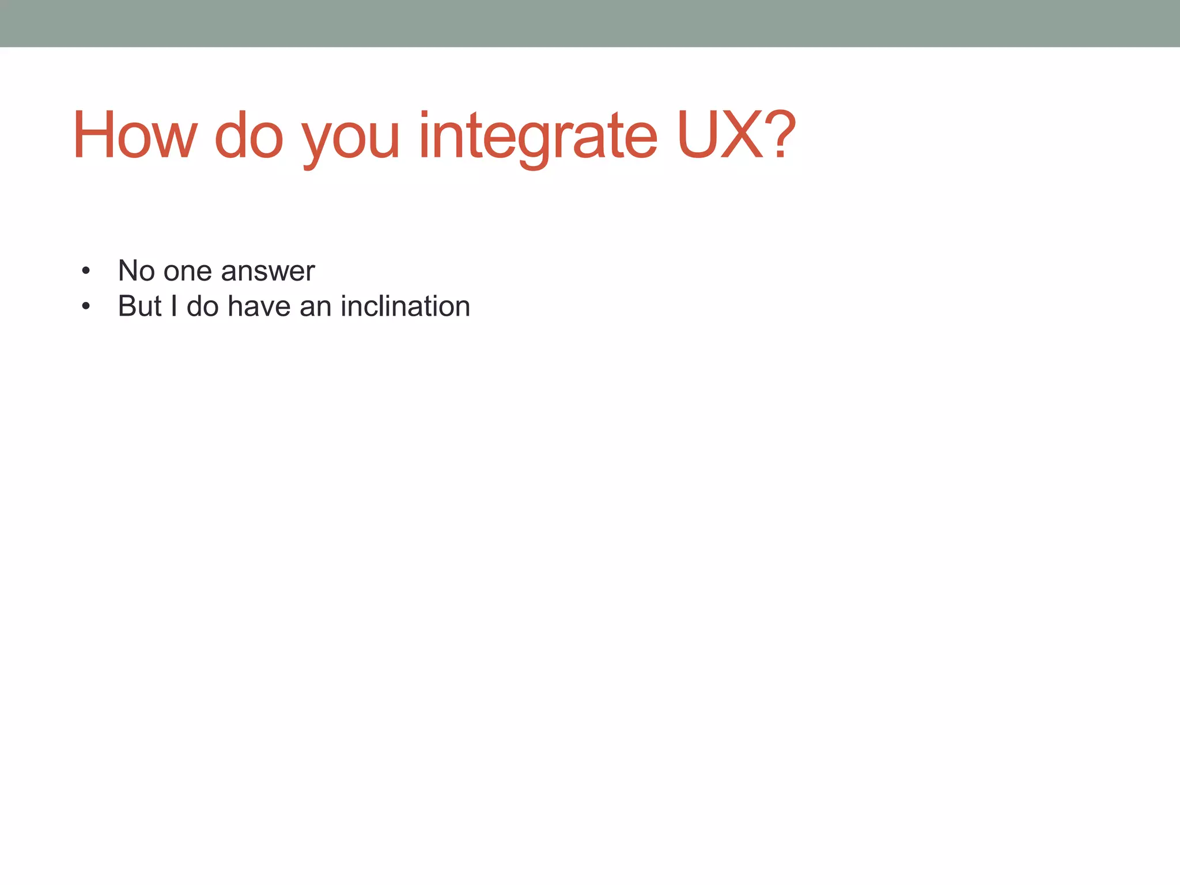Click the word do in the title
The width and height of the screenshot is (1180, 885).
249,136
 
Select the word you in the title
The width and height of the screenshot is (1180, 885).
351,141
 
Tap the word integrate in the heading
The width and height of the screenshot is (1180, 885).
537,138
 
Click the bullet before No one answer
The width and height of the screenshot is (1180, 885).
86,271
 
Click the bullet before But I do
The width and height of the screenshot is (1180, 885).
86,307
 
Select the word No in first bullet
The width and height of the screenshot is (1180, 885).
137,271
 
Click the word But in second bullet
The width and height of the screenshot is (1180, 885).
140,307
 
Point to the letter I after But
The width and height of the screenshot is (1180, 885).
173,307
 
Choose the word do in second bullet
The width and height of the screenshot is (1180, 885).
202,307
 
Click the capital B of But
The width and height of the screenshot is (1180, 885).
127,307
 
